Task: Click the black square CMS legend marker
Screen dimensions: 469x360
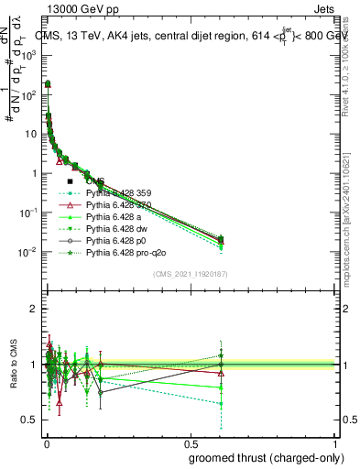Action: click(x=71, y=181)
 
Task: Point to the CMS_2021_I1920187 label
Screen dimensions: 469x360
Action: click(x=191, y=273)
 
